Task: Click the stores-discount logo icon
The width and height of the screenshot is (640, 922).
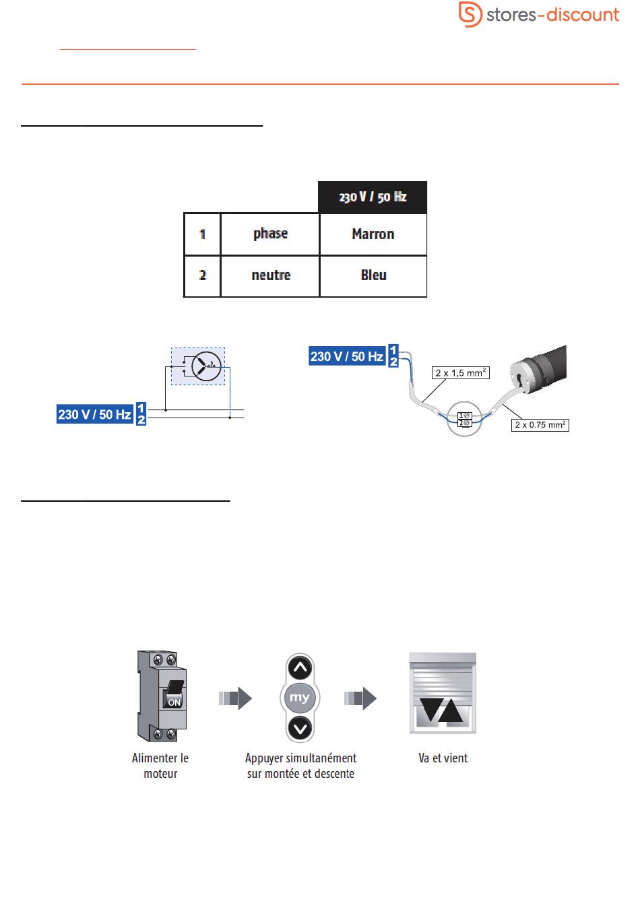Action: (x=470, y=14)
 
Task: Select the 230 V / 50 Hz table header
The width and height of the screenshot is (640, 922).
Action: (x=373, y=197)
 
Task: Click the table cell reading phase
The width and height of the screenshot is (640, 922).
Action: (x=270, y=234)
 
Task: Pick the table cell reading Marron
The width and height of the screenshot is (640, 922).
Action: (x=373, y=234)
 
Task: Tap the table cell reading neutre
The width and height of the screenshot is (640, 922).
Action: (x=270, y=275)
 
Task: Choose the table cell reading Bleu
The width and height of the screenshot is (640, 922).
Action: (x=373, y=275)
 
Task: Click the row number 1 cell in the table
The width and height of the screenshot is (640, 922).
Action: (x=202, y=234)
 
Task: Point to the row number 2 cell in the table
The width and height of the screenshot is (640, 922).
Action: (x=202, y=275)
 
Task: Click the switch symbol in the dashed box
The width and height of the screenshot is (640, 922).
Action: (x=201, y=366)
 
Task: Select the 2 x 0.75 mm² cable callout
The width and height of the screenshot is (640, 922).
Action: (x=540, y=424)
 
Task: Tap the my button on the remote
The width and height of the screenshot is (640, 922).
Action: (x=300, y=698)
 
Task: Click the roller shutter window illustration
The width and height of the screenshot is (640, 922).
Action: (x=443, y=693)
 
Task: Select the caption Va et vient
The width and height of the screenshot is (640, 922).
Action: (x=443, y=758)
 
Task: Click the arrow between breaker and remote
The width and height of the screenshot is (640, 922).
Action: (x=234, y=698)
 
